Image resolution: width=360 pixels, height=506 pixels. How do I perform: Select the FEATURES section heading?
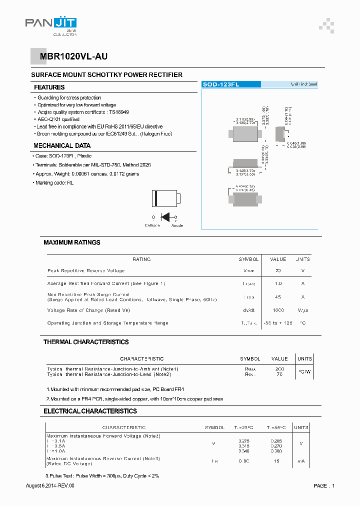pos(49,87)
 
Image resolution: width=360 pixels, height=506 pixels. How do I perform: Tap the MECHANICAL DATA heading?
pos(62,146)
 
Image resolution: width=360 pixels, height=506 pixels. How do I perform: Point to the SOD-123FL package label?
pos(220,85)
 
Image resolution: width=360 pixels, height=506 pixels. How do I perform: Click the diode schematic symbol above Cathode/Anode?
pos(165,217)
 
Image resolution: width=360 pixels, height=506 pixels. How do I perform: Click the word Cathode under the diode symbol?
pos(152,225)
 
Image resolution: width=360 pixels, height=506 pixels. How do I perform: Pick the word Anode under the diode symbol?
pos(177,225)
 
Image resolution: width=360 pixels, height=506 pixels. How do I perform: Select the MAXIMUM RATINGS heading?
pos(71,242)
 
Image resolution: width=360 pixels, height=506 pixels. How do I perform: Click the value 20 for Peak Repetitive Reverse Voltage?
pos(278,270)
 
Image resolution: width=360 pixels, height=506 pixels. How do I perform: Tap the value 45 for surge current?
pos(278,297)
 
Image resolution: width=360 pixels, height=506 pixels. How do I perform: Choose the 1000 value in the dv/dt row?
pos(278,310)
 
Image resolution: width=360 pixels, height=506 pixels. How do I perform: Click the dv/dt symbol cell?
pos(248,310)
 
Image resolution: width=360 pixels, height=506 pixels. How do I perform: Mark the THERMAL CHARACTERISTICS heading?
pos(86,342)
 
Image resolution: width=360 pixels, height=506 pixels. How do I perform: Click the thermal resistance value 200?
pos(279,368)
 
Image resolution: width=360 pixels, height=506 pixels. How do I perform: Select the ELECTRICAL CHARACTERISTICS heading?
pos(90,411)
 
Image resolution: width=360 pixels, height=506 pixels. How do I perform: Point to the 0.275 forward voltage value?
pos(243,440)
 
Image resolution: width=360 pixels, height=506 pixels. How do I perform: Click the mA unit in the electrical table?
pos(301,461)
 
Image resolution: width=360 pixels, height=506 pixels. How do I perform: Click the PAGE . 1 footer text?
pos(324,485)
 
